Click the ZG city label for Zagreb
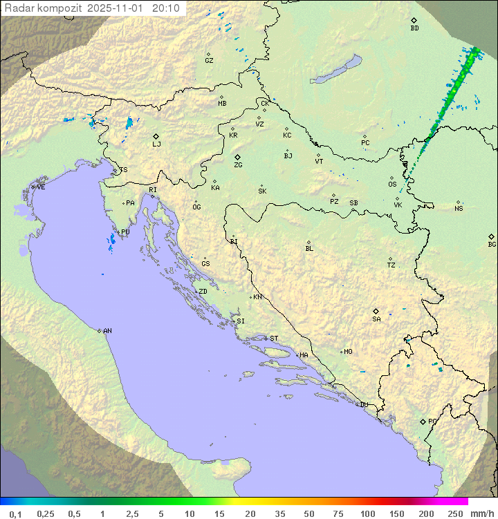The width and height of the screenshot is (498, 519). point(238,165)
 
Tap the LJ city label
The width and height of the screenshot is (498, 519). point(156,144)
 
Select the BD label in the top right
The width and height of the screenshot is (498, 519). point(414,28)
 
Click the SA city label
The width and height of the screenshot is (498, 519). point(376,319)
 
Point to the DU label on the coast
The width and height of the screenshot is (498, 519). point(363,405)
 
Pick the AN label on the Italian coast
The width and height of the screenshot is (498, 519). point(107,331)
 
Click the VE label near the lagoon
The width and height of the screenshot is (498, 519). point(41,187)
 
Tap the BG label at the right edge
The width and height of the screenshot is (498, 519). point(492,244)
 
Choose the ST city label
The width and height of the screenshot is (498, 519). point(274,339)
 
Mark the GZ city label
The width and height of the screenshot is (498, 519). point(209,61)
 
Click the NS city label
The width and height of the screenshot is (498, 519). point(459,209)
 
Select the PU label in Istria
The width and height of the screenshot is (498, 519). point(125,232)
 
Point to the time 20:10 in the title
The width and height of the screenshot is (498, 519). point(165,8)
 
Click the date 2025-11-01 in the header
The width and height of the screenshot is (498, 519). point(117,8)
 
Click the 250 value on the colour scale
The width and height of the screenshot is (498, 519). point(455,513)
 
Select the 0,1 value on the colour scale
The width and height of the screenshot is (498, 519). point(15,513)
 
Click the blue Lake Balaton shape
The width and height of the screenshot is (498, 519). point(337,70)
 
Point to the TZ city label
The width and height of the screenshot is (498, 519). point(391,265)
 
